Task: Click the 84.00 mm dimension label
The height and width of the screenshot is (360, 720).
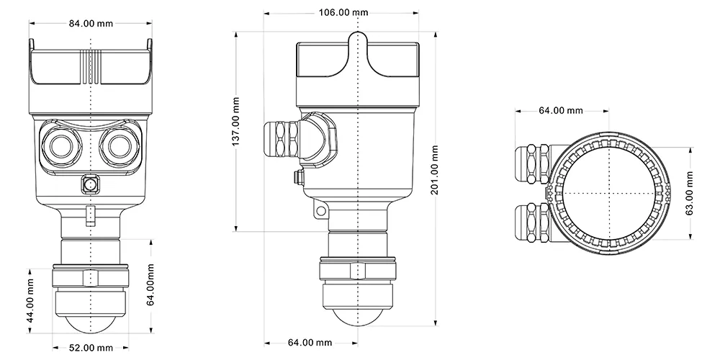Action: (x=91, y=23)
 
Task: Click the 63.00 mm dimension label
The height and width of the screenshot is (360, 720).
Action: (x=689, y=194)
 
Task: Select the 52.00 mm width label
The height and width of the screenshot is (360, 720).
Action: (x=90, y=348)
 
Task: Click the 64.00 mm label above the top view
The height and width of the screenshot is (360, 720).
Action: (x=561, y=110)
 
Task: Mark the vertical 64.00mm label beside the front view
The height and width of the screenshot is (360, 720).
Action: (x=151, y=285)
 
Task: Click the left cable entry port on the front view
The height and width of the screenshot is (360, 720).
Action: (x=60, y=145)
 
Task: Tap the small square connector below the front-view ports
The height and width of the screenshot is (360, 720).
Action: (x=91, y=184)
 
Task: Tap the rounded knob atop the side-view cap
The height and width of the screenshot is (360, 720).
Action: (x=358, y=40)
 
